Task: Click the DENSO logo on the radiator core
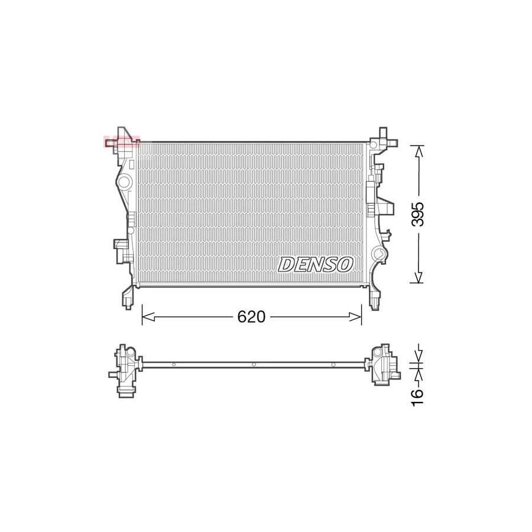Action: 316,264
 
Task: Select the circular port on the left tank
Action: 124,182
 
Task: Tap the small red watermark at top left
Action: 121,142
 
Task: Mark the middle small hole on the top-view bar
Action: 253,365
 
